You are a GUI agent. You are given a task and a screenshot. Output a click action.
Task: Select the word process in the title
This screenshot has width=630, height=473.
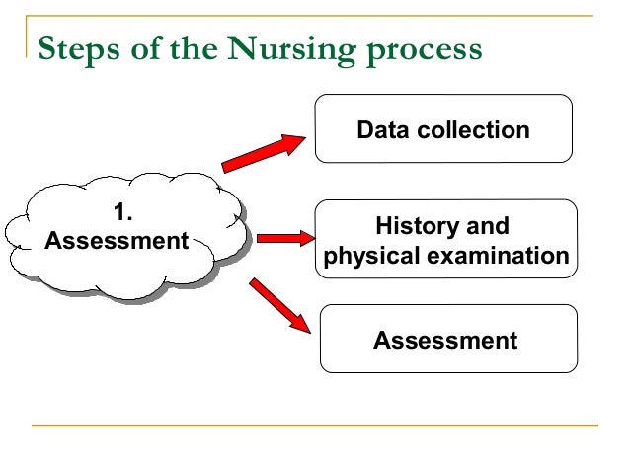(x=419, y=50)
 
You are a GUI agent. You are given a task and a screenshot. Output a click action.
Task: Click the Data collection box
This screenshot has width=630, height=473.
(x=443, y=128)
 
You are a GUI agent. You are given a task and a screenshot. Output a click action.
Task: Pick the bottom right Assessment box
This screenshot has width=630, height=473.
(x=445, y=339)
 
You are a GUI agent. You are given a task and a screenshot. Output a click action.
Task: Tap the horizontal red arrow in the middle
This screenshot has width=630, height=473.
(x=284, y=238)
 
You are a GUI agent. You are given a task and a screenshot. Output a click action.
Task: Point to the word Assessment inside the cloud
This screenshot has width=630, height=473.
(x=118, y=240)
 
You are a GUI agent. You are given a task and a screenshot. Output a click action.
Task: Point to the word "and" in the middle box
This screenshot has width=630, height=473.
(x=487, y=226)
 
